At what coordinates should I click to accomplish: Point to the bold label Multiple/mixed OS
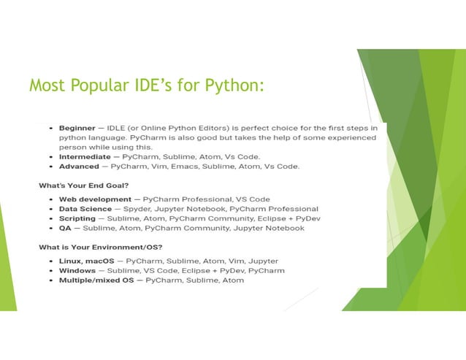click(99, 280)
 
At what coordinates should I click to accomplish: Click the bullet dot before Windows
click(49, 270)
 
